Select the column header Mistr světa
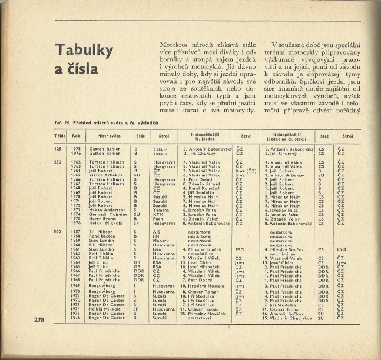102,135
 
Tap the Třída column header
60,135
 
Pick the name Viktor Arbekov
104,175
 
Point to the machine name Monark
160,241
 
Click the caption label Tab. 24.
61,122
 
